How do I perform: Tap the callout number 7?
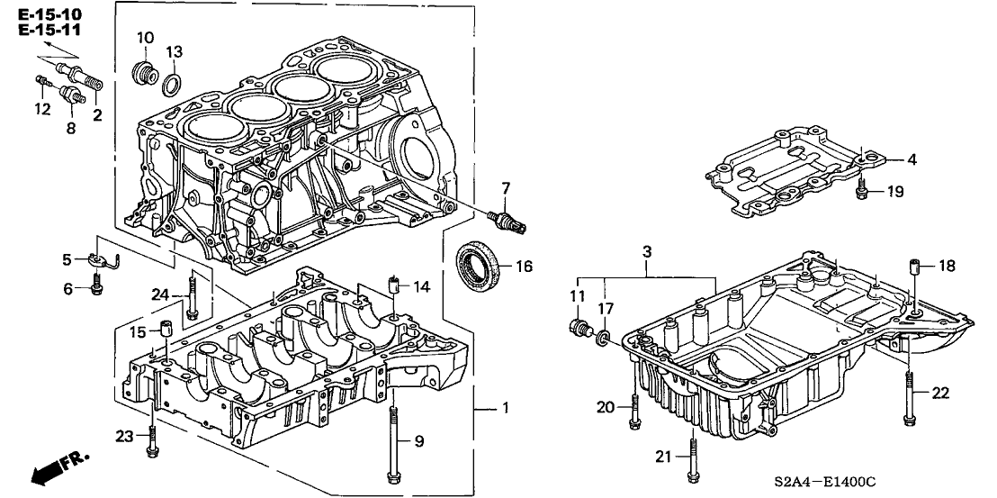[506, 187]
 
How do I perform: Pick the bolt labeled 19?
[861, 188]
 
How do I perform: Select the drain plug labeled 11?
[580, 330]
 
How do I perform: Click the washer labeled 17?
[604, 338]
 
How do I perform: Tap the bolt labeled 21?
[691, 457]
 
